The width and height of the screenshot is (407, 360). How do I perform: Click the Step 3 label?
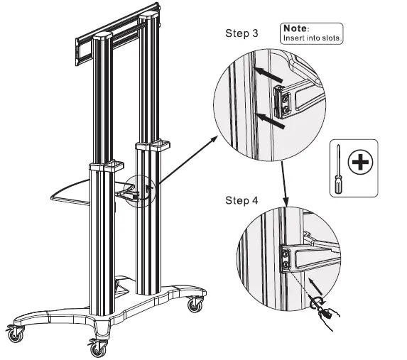pos(241,33)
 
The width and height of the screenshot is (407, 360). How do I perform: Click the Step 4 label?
pos(241,201)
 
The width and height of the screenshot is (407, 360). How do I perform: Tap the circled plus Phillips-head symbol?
pos(362,163)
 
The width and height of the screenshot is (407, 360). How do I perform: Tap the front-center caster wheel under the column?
pos(96,349)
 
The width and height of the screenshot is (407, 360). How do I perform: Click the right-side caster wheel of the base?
pos(193,305)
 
